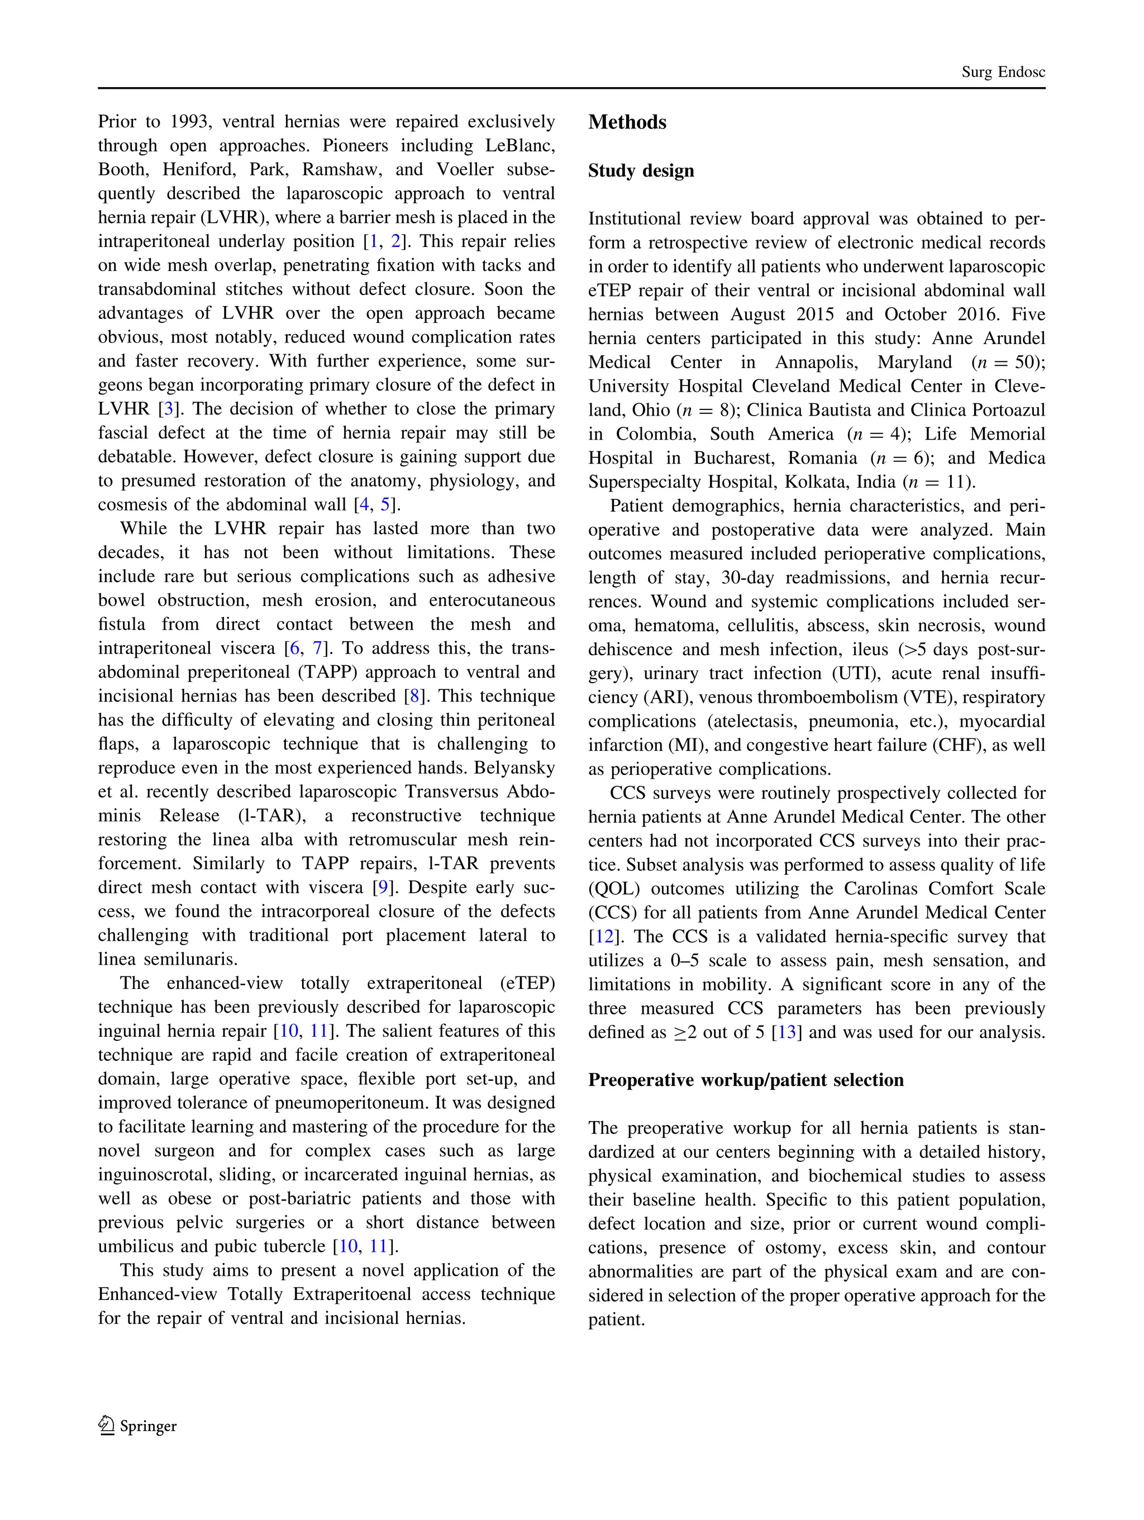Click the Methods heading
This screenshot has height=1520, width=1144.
(x=627, y=122)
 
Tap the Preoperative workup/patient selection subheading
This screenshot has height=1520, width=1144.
(x=746, y=1080)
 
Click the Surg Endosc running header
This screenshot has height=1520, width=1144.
(x=1003, y=72)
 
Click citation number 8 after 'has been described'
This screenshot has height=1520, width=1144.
(x=413, y=696)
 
